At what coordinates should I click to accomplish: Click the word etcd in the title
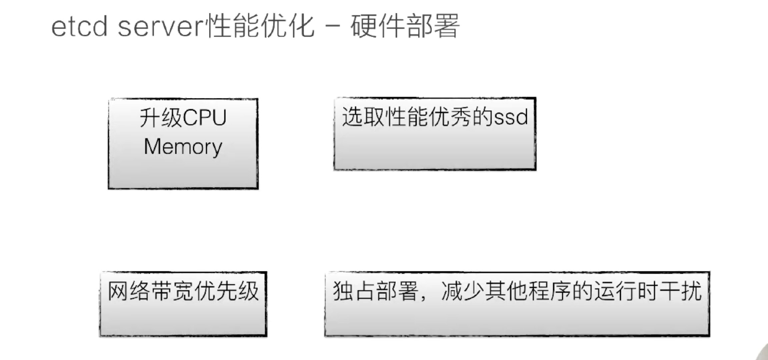coord(79,27)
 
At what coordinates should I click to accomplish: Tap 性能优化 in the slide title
coord(260,27)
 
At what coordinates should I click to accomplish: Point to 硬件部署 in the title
coord(405,27)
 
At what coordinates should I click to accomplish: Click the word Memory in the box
coord(183,147)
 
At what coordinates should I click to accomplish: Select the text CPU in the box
coord(204,118)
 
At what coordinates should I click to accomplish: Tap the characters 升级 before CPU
coord(160,118)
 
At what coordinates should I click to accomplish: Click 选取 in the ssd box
coord(363,117)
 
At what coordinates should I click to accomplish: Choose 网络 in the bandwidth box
coord(129,291)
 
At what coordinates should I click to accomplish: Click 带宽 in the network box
coord(172,291)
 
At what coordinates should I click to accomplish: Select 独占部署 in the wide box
coord(376,291)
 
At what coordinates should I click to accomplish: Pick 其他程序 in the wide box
coord(527,291)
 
